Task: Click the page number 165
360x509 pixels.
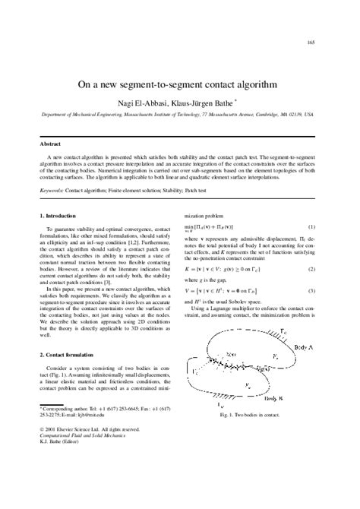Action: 311,43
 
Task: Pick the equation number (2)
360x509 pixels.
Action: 311,269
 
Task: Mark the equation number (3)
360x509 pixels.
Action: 311,291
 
